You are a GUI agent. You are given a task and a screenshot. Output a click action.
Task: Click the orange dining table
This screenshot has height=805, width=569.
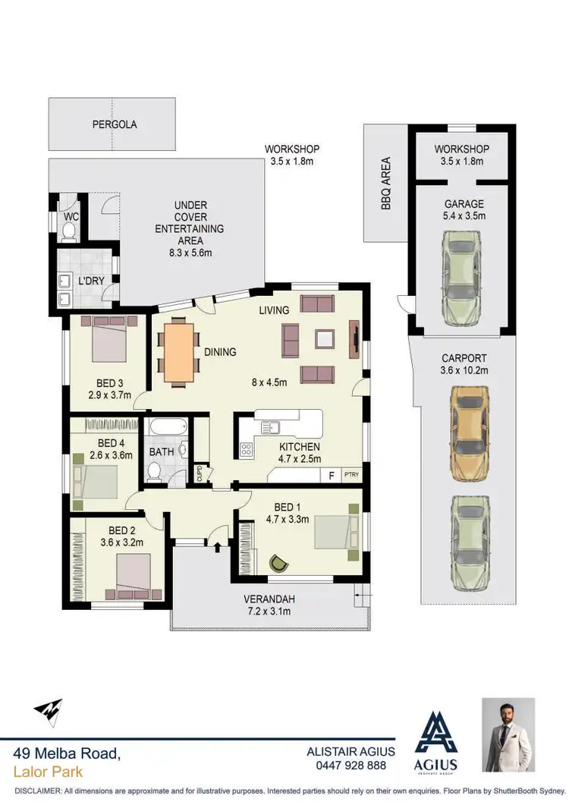point(180,351)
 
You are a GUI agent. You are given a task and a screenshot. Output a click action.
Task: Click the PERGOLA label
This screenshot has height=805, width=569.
point(115,124)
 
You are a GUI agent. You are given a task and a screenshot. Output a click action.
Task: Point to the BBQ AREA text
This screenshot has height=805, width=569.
point(386,184)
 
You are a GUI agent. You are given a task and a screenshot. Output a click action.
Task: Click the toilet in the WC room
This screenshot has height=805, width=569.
point(69,233)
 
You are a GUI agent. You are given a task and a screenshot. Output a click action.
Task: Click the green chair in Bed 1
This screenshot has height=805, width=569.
point(278,563)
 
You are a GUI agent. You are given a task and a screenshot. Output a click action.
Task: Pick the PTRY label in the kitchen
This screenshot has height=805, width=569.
point(351,476)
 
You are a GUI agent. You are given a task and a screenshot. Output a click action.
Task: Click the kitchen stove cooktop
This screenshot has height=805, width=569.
point(247,449)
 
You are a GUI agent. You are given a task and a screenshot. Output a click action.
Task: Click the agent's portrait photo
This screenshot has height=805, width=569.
point(508,735)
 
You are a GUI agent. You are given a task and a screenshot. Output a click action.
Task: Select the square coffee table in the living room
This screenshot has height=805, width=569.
point(324,338)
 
